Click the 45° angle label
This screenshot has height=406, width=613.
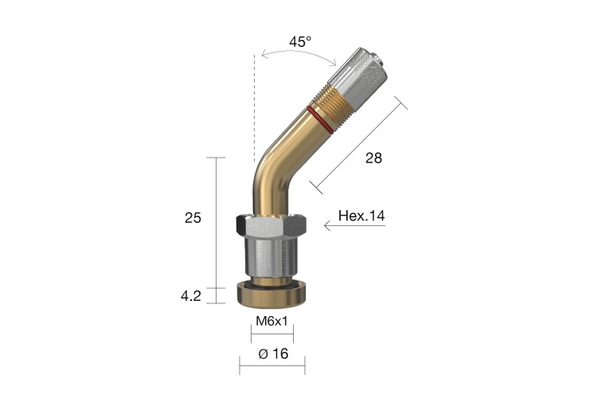click(x=300, y=42)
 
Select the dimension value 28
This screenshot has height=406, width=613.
click(x=373, y=158)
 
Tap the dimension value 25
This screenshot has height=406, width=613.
click(x=193, y=217)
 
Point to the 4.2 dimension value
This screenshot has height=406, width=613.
click(x=192, y=296)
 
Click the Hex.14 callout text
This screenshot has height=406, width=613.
click(x=361, y=216)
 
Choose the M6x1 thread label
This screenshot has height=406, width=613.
click(x=271, y=321)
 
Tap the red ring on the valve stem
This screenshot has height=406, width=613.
click(x=318, y=117)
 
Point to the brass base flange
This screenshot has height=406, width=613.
click(x=272, y=296)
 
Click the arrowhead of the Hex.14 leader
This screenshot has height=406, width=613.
click(x=327, y=226)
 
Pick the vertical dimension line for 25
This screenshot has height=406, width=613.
click(x=217, y=223)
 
